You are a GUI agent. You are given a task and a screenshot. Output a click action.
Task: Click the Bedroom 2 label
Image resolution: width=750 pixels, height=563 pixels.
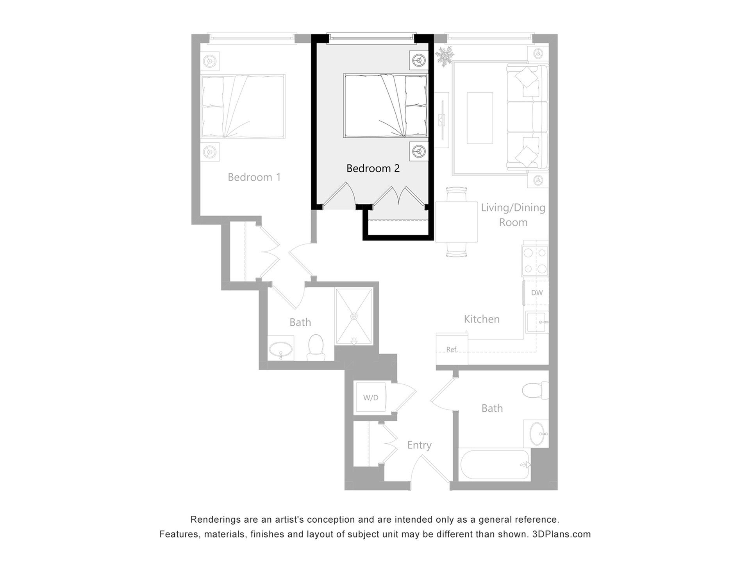click(373, 169)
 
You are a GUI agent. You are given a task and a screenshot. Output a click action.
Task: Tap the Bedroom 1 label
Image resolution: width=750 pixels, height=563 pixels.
click(254, 177)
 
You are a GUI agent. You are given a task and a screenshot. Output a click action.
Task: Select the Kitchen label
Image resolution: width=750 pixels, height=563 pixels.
click(482, 319)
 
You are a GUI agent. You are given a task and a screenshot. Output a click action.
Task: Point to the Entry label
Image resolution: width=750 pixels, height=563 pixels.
click(419, 445)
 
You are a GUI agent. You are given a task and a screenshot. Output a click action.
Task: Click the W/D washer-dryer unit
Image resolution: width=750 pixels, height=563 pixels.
click(371, 398)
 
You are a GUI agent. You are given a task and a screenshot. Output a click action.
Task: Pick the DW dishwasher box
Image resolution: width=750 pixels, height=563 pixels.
click(536, 292)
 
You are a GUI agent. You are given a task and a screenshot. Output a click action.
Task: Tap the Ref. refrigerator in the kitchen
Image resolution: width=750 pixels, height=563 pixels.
click(452, 350)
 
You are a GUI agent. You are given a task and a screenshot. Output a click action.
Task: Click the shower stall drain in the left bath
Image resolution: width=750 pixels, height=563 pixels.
click(354, 316)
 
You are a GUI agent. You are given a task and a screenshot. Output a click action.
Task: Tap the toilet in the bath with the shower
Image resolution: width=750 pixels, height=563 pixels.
click(316, 347)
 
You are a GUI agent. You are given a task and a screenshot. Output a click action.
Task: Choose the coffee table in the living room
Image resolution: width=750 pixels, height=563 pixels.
click(480, 117)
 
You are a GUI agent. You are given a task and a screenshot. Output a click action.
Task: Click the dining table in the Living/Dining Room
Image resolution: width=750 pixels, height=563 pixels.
click(457, 222)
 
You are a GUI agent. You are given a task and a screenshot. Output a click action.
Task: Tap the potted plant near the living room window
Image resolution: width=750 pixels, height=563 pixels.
click(444, 56)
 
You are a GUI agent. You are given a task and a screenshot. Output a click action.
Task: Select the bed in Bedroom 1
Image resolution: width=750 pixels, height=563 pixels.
click(243, 106)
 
